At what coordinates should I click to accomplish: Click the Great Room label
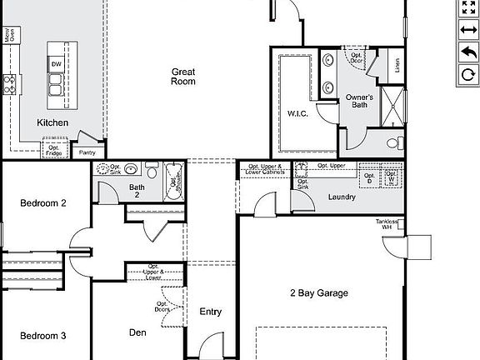point(183,76)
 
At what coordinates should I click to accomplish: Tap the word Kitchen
point(52,122)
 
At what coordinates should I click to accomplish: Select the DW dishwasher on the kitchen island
point(56,63)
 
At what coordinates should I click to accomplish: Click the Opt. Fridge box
point(52,150)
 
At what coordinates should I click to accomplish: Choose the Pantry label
point(87,152)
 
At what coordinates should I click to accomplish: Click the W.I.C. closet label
point(298,112)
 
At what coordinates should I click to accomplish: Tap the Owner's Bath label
point(360,102)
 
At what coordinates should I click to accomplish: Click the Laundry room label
point(342,197)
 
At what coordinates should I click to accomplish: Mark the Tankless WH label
point(388,223)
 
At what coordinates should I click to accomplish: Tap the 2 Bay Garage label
point(318,292)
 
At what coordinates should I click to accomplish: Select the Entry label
point(211,312)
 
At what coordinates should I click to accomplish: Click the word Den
point(137,332)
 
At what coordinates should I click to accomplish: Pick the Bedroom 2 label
point(43,202)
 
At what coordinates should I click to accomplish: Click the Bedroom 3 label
point(43,336)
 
